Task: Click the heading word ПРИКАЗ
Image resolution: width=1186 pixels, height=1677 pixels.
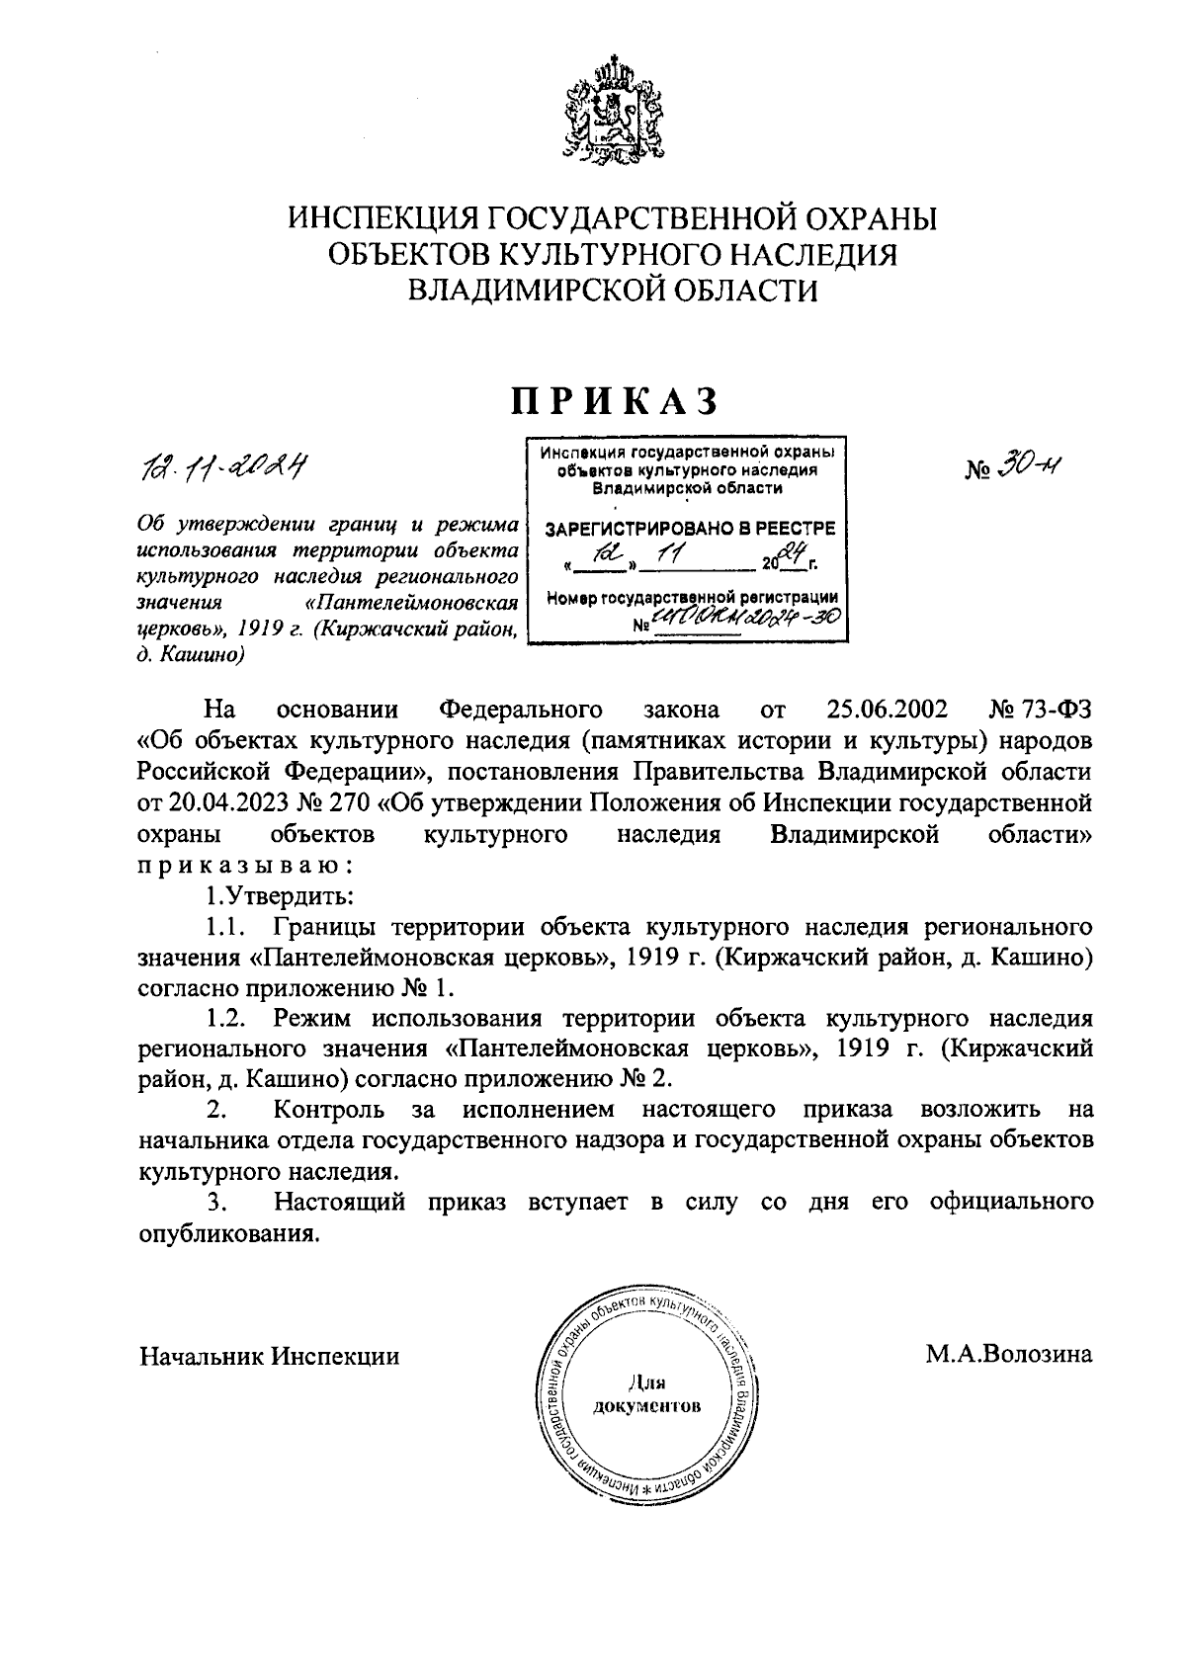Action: [x=612, y=401]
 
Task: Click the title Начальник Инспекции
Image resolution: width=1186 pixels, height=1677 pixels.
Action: [x=270, y=1356]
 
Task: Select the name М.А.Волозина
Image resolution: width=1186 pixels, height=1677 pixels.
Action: [x=1008, y=1355]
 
